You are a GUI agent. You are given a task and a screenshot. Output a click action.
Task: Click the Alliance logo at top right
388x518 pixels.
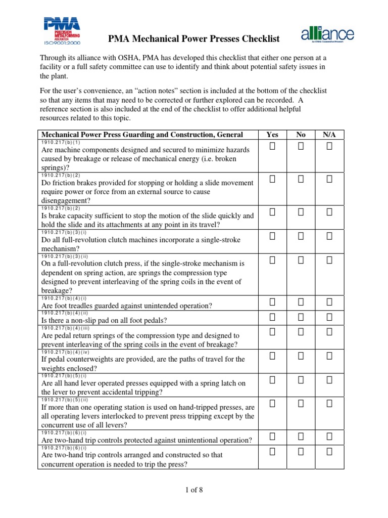(327, 35)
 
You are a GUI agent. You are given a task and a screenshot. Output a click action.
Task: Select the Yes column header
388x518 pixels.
(272, 135)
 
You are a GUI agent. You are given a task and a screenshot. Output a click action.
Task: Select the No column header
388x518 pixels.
(301, 135)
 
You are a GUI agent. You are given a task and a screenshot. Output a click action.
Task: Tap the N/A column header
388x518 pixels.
(329, 135)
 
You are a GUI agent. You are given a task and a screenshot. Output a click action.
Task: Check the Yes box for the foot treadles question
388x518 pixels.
(272, 302)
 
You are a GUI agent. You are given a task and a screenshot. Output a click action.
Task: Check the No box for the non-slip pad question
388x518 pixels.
(301, 317)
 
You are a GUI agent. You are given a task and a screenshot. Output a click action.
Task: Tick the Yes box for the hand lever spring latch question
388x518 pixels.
(272, 379)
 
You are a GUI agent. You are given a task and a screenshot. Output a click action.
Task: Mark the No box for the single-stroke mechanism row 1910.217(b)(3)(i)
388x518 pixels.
(301, 236)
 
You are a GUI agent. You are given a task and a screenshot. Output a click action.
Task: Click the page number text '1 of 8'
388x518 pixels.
(193, 490)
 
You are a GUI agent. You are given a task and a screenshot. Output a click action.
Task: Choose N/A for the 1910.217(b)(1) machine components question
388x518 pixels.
(329, 147)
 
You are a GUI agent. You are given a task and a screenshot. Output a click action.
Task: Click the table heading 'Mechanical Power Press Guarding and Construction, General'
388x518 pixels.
(141, 135)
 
